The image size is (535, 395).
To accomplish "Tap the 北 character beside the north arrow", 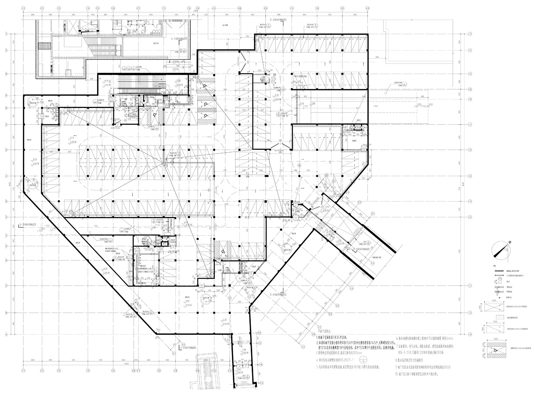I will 509,242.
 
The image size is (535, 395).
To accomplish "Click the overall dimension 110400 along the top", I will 196,10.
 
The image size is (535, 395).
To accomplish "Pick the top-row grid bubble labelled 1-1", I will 24,8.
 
